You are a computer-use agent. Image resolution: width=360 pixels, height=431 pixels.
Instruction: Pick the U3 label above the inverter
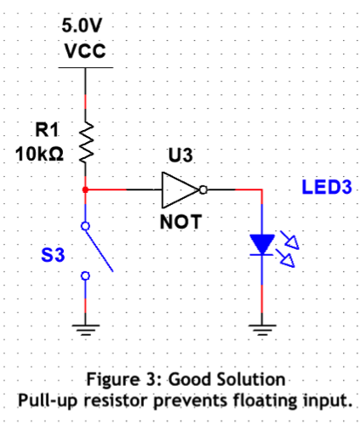pyautogui.click(x=180, y=156)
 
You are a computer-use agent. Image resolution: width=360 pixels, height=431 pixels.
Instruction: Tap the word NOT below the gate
pyautogui.click(x=179, y=223)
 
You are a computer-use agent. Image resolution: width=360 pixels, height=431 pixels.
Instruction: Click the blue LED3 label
pyautogui.click(x=327, y=186)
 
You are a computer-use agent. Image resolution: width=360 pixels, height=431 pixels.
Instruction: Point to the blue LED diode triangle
pyautogui.click(x=261, y=244)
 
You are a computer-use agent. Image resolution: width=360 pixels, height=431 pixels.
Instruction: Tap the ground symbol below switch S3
pyautogui.click(x=84, y=328)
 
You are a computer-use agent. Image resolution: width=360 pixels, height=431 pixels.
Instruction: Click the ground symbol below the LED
pyautogui.click(x=261, y=328)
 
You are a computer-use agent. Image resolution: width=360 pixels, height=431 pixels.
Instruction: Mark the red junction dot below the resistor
pyautogui.click(x=84, y=189)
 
